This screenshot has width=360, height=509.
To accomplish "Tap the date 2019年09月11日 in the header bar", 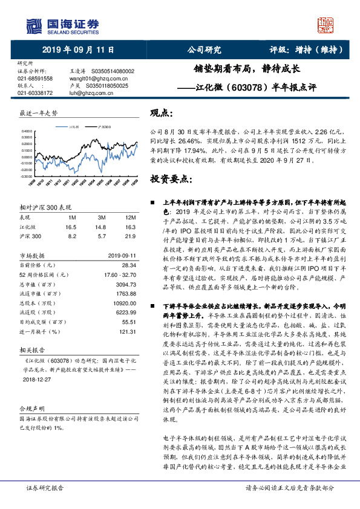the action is (x=78, y=51).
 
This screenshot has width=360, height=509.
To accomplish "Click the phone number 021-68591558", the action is (x=35, y=79).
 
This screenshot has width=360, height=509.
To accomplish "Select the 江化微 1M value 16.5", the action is (x=72, y=226).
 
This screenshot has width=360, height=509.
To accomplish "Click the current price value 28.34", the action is (x=126, y=265).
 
